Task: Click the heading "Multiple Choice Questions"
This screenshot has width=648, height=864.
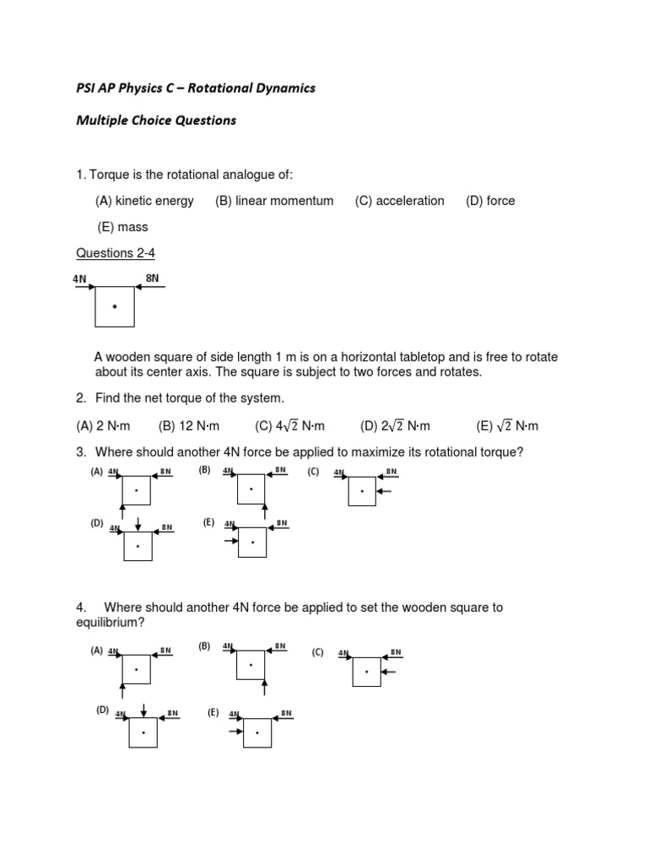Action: pyautogui.click(x=156, y=120)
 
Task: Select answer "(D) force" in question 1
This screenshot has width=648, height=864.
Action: pyautogui.click(x=490, y=201)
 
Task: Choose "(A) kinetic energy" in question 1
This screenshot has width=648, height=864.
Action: pyautogui.click(x=144, y=201)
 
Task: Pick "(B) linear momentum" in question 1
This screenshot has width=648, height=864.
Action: pyautogui.click(x=274, y=201)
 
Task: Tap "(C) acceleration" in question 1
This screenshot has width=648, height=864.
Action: pyautogui.click(x=399, y=201)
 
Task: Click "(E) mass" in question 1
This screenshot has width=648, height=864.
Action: pyautogui.click(x=123, y=227)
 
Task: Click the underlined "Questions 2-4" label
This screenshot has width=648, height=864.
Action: pyautogui.click(x=116, y=253)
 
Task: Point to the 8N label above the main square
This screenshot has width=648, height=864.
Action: pyautogui.click(x=152, y=278)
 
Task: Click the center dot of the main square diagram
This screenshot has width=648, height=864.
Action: pyautogui.click(x=115, y=307)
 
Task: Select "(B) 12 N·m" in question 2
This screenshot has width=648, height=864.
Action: pyautogui.click(x=190, y=426)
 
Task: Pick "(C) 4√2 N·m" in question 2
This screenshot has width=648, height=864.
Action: pyautogui.click(x=289, y=426)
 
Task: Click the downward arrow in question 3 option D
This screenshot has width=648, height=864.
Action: pyautogui.click(x=138, y=524)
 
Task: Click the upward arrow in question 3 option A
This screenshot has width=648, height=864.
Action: pyautogui.click(x=124, y=511)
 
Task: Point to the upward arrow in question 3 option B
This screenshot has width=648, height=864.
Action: pyautogui.click(x=265, y=511)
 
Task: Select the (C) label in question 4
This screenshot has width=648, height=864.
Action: pyautogui.click(x=317, y=652)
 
